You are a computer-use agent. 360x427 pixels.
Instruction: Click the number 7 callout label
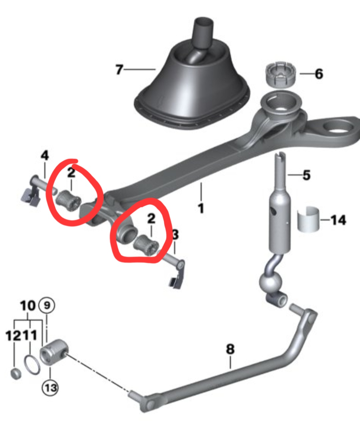119,69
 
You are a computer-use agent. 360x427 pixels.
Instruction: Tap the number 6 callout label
319,74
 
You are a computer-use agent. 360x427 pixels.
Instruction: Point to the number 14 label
338,220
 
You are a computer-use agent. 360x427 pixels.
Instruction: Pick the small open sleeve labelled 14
308,219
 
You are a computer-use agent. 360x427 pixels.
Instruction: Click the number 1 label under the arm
201,209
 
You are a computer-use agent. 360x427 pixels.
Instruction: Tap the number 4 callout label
45,156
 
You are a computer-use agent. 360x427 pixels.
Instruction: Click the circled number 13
50,388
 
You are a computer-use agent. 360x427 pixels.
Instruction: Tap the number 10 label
28,306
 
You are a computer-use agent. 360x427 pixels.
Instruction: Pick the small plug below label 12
16,374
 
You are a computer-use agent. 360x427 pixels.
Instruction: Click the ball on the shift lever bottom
271,283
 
